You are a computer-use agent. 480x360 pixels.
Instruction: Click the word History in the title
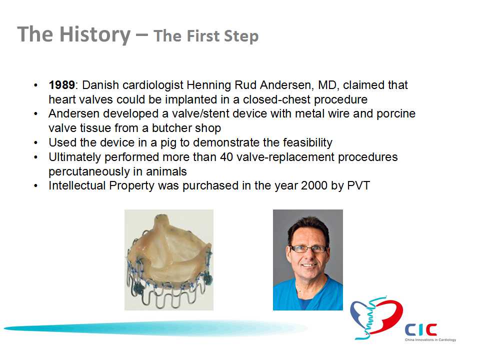[x=95, y=34]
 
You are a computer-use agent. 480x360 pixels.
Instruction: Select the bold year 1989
[x=61, y=85]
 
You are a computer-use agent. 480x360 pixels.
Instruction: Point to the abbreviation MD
[x=328, y=85]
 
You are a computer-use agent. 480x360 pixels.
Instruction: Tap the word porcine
[x=396, y=114]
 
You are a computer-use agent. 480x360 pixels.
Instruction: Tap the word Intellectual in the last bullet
[x=77, y=185]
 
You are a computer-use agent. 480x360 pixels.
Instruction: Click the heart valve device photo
[x=169, y=260]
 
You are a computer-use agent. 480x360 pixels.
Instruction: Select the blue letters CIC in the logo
[x=420, y=330]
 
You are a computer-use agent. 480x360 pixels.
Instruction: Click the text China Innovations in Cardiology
[x=430, y=340]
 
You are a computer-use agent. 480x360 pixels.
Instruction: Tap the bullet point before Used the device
[x=36, y=142]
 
